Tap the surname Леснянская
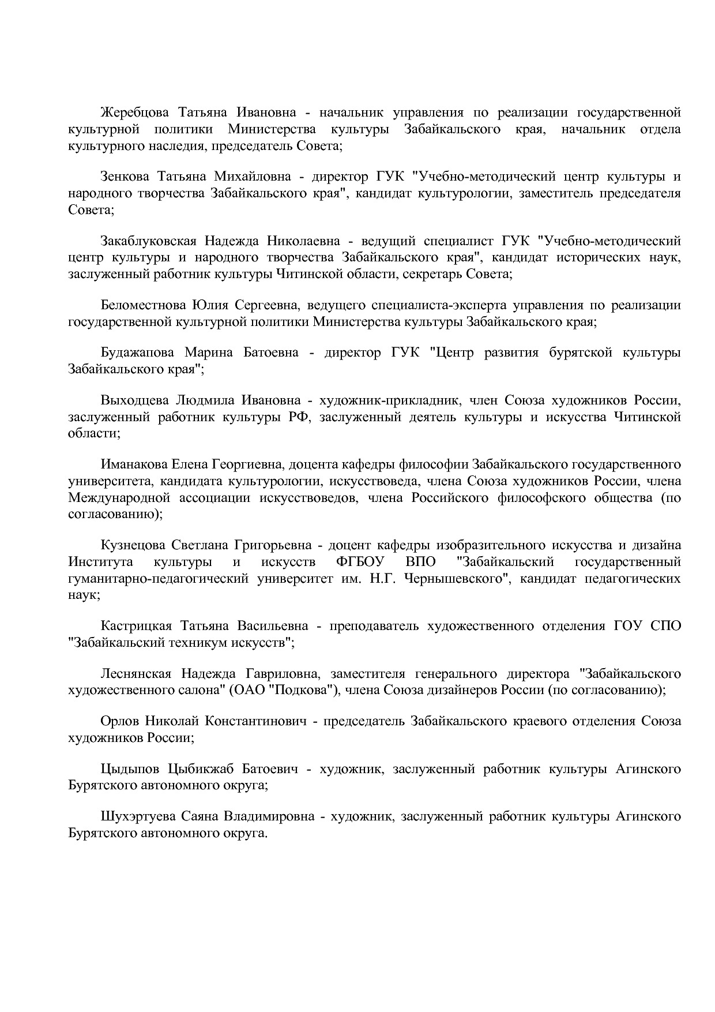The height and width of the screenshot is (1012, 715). (x=136, y=673)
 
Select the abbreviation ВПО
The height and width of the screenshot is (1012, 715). (x=420, y=562)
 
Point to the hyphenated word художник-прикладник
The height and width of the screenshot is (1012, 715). (x=389, y=400)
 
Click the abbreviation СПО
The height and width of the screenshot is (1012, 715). (x=665, y=626)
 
